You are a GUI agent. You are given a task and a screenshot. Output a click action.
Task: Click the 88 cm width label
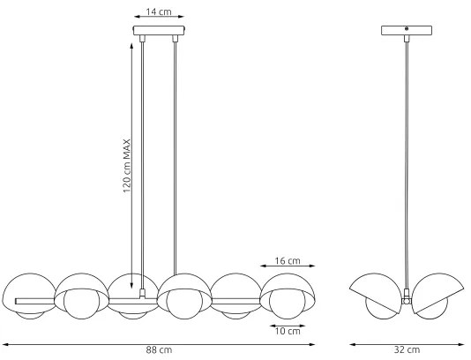click(158, 350)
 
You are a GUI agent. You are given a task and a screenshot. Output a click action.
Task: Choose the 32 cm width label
click(407, 350)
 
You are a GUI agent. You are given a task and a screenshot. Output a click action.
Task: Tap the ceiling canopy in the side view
click(407, 30)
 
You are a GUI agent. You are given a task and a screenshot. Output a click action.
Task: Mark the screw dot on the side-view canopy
click(407, 30)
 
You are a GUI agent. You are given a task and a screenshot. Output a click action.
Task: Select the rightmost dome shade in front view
click(290, 285)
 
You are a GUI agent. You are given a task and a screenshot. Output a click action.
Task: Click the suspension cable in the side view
click(407, 159)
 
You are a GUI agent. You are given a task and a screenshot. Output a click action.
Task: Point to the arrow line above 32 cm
click(407, 343)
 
